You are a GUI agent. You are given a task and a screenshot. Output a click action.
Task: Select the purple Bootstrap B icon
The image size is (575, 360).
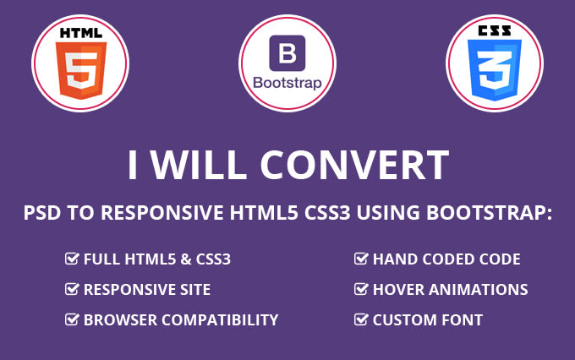[x=287, y=54]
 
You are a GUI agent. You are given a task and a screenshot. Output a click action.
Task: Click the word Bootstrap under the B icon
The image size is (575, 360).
[x=287, y=83]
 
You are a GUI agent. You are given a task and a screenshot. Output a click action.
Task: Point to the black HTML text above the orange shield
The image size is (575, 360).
[x=80, y=33]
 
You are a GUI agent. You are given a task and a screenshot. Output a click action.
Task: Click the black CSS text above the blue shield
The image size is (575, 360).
[x=494, y=31]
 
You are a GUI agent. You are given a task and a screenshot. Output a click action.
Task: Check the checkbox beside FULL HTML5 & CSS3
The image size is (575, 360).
[x=73, y=259]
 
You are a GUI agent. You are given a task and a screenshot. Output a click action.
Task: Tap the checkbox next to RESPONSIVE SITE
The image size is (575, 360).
[x=73, y=290]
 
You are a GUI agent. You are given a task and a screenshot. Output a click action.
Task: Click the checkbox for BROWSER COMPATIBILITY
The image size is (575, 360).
[x=73, y=320]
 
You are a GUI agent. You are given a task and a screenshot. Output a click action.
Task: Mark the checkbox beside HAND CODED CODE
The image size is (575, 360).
[x=361, y=259]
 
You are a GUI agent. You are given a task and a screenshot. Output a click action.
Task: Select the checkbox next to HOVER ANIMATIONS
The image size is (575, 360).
[x=361, y=290]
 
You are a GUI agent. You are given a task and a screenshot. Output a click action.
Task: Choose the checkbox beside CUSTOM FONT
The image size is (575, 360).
[x=361, y=320]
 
